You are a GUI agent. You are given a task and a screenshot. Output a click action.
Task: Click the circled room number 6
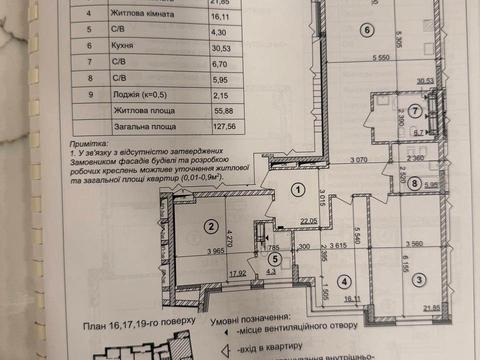pyautogui.click(x=368, y=30)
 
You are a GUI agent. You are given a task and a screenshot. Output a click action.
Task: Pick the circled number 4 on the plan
pyautogui.click(x=343, y=280)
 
